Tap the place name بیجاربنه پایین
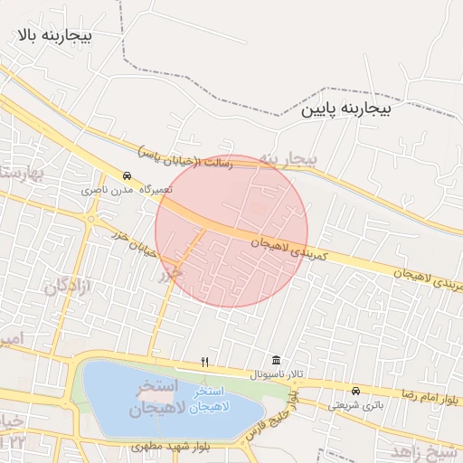346,109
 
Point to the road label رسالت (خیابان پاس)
186,156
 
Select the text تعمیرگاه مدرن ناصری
119,190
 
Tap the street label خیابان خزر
129,241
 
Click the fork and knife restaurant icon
205,362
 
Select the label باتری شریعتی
348,405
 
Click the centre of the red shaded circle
231,231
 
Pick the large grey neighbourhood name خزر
170,272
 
